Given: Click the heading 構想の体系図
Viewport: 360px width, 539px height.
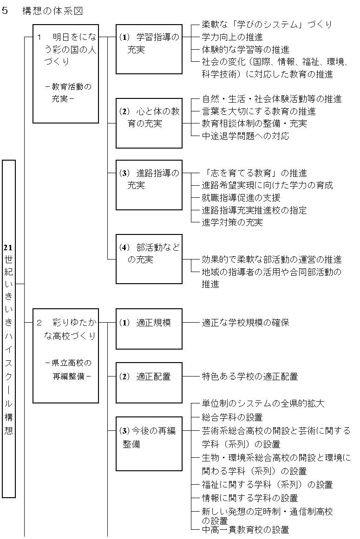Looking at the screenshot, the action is point(52,11).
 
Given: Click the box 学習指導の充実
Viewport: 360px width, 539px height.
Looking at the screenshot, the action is point(149,49).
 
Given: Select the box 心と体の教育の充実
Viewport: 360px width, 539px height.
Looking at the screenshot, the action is point(149,123).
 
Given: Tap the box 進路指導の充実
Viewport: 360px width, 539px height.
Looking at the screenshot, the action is point(149,185).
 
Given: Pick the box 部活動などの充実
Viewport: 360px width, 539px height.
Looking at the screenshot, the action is point(149,259).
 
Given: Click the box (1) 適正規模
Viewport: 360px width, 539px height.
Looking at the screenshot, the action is point(149,329).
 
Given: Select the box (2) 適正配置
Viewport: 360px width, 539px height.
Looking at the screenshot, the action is point(149,383).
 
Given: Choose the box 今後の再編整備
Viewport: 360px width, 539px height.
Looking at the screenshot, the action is point(149,443).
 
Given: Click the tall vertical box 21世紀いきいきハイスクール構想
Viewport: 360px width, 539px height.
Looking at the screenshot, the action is point(9,329).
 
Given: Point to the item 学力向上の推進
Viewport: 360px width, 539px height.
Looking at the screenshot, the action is point(232,37).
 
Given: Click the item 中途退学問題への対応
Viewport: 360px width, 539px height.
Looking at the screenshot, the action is point(246,136).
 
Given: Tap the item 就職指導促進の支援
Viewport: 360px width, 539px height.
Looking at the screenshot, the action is point(241,198).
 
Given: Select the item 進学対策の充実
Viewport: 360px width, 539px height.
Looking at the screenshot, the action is point(232,222).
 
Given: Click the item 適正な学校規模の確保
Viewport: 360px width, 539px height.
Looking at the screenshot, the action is point(246,323).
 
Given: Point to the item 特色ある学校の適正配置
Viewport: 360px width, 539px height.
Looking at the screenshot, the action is point(249,377).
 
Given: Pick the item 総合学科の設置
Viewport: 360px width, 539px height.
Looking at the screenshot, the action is point(232,417).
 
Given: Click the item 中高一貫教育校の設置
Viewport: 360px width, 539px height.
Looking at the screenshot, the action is point(246,530).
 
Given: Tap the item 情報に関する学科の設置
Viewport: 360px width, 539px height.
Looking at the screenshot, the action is point(249,498).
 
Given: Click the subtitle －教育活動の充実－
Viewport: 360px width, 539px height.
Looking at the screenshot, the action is point(68,92).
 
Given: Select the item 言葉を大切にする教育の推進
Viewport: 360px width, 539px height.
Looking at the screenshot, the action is point(259,111).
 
